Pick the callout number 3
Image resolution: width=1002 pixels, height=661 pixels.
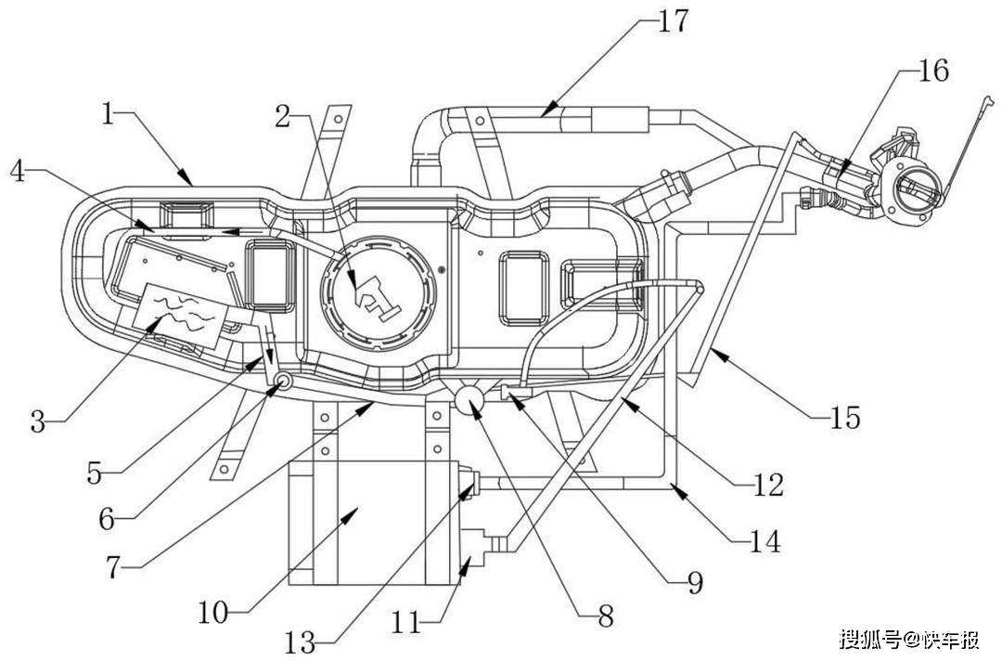[x=38, y=422]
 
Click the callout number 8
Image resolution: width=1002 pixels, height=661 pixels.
[x=605, y=615]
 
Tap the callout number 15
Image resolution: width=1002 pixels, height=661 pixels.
[x=845, y=419]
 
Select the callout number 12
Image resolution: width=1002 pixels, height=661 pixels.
[x=769, y=484]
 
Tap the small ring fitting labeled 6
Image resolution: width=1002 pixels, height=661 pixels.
[x=280, y=381]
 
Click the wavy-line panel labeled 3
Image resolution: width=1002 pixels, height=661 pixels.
[x=183, y=313]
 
